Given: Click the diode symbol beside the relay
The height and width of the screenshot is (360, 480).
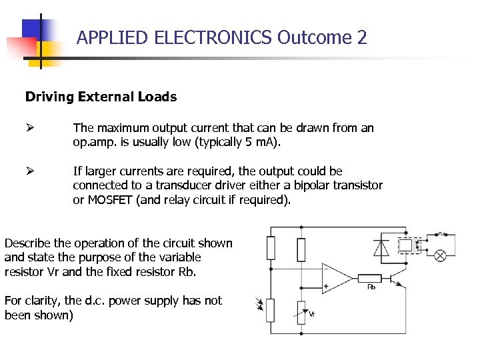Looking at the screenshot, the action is coord(381,247).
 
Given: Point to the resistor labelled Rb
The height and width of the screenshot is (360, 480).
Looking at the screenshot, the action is coord(370,277).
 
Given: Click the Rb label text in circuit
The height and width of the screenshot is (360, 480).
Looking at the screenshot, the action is coord(371,287).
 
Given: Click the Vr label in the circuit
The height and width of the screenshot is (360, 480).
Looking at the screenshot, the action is coord(312,313).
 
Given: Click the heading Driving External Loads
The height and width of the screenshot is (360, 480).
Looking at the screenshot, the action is coord(101,97).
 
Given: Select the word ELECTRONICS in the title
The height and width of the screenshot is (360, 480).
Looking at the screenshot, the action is coord(213,37).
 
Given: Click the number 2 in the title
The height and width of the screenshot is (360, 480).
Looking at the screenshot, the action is coord(362,37).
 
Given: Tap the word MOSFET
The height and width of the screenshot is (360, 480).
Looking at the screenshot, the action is coord(110,199).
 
